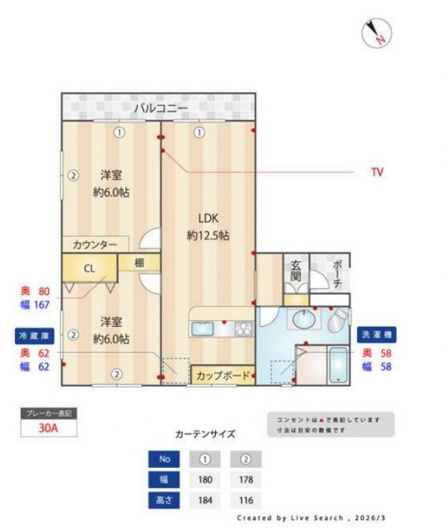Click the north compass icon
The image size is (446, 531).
click(377, 32)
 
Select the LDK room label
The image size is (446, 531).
click(208, 218)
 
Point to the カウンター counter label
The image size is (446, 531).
click(95, 245)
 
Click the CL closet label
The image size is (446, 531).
click(89, 269)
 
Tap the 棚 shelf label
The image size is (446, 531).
click(132, 262)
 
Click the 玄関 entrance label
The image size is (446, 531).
click(296, 273)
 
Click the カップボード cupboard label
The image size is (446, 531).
click(223, 376)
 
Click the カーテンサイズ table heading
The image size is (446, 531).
click(205, 434)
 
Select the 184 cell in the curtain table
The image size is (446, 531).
click(203, 500)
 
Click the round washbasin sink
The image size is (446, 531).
click(304, 319)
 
